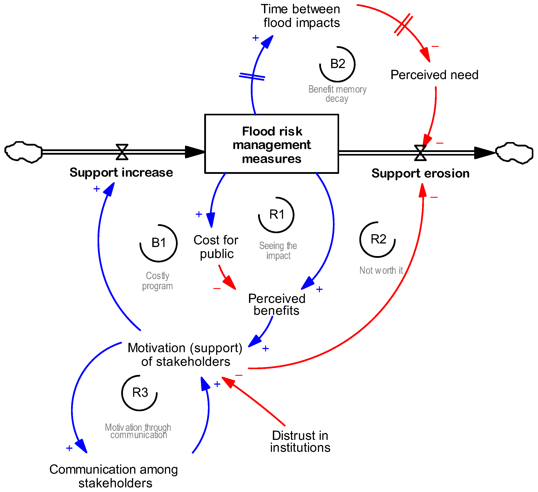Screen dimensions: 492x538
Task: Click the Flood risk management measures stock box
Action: [x=271, y=144]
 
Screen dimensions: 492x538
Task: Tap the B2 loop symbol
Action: [x=337, y=64]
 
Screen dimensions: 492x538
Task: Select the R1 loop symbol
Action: [x=276, y=215]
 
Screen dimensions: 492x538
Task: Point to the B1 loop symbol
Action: [x=159, y=243]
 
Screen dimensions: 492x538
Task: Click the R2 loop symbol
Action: [x=378, y=239]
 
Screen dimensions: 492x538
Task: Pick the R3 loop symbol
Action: [x=140, y=393]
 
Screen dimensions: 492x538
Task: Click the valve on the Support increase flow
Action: [x=122, y=152]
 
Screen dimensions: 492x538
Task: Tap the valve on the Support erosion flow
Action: [x=420, y=153]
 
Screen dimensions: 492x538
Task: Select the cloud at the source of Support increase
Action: [x=23, y=152]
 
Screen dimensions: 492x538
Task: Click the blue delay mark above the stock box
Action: [x=252, y=77]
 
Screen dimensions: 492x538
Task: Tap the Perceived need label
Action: [x=434, y=75]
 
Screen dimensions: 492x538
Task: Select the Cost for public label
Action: [x=216, y=247]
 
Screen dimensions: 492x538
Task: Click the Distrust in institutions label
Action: [x=300, y=441]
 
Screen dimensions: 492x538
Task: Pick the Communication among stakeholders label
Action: [x=114, y=476]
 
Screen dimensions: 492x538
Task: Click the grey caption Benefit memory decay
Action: [x=337, y=94]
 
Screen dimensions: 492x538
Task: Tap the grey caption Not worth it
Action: [x=381, y=270]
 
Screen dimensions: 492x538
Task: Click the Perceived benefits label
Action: [x=276, y=304]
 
